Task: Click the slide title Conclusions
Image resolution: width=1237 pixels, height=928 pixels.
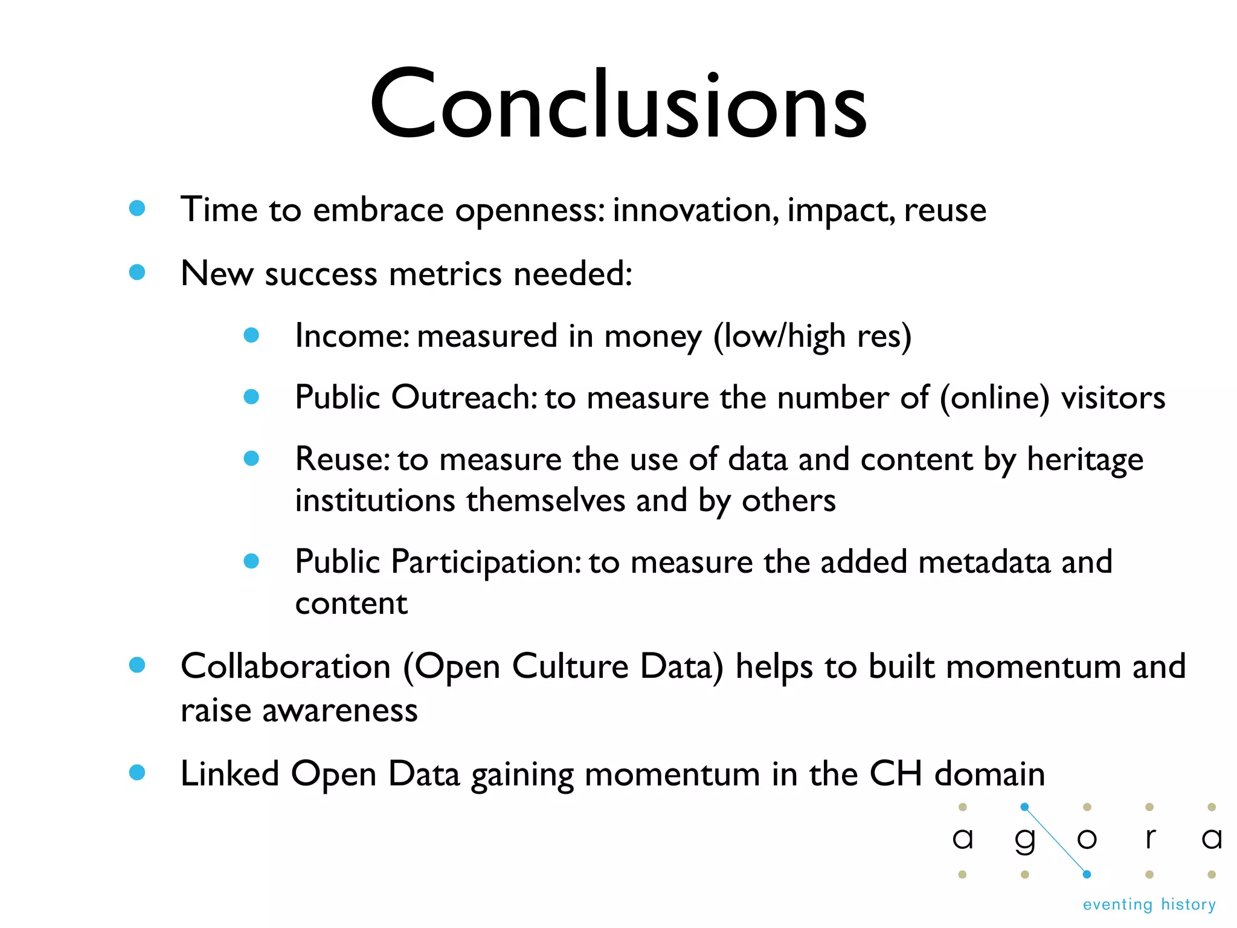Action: click(x=618, y=106)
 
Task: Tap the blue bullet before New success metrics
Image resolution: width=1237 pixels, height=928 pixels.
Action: click(x=137, y=272)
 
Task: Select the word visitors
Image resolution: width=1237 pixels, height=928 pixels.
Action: click(x=1113, y=398)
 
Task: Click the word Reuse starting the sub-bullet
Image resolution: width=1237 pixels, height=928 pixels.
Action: click(x=342, y=460)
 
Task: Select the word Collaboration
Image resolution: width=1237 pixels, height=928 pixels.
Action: click(x=286, y=667)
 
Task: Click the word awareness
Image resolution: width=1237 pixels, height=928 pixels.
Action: click(x=339, y=710)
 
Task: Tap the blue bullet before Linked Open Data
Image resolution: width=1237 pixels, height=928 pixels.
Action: click(x=137, y=773)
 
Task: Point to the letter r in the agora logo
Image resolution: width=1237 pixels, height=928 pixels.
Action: click(x=1150, y=838)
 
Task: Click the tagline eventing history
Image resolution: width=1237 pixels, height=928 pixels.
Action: click(x=1149, y=904)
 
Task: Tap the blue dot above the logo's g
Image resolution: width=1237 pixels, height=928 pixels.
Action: click(x=1024, y=807)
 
